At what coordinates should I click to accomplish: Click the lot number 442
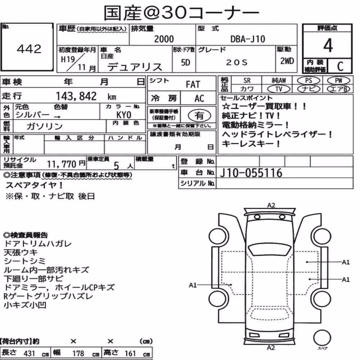click(x=29, y=49)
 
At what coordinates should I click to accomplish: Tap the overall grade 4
click(x=328, y=45)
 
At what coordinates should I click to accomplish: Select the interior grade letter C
click(x=340, y=66)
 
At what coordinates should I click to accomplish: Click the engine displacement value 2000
click(x=164, y=39)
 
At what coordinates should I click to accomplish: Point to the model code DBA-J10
click(x=248, y=39)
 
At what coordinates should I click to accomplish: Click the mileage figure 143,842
click(x=76, y=96)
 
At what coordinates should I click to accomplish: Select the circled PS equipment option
click(x=309, y=81)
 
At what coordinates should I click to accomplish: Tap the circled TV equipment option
click(x=279, y=89)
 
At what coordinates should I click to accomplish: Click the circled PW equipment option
click(x=338, y=81)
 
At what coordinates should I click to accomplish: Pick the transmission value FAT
click(x=193, y=84)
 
